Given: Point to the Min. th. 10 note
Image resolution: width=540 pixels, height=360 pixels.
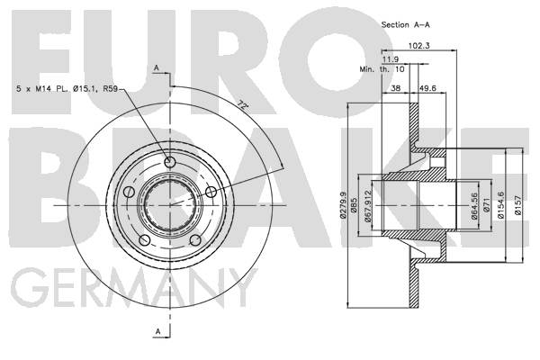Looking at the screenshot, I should click(x=383, y=68).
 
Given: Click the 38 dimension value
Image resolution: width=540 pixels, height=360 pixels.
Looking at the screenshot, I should click(x=396, y=89).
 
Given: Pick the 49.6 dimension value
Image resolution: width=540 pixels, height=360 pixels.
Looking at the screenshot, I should click(x=427, y=89).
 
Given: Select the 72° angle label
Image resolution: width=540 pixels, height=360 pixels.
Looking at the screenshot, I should click(x=241, y=106).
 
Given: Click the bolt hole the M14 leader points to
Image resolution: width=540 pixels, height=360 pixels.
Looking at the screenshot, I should click(x=170, y=161).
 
